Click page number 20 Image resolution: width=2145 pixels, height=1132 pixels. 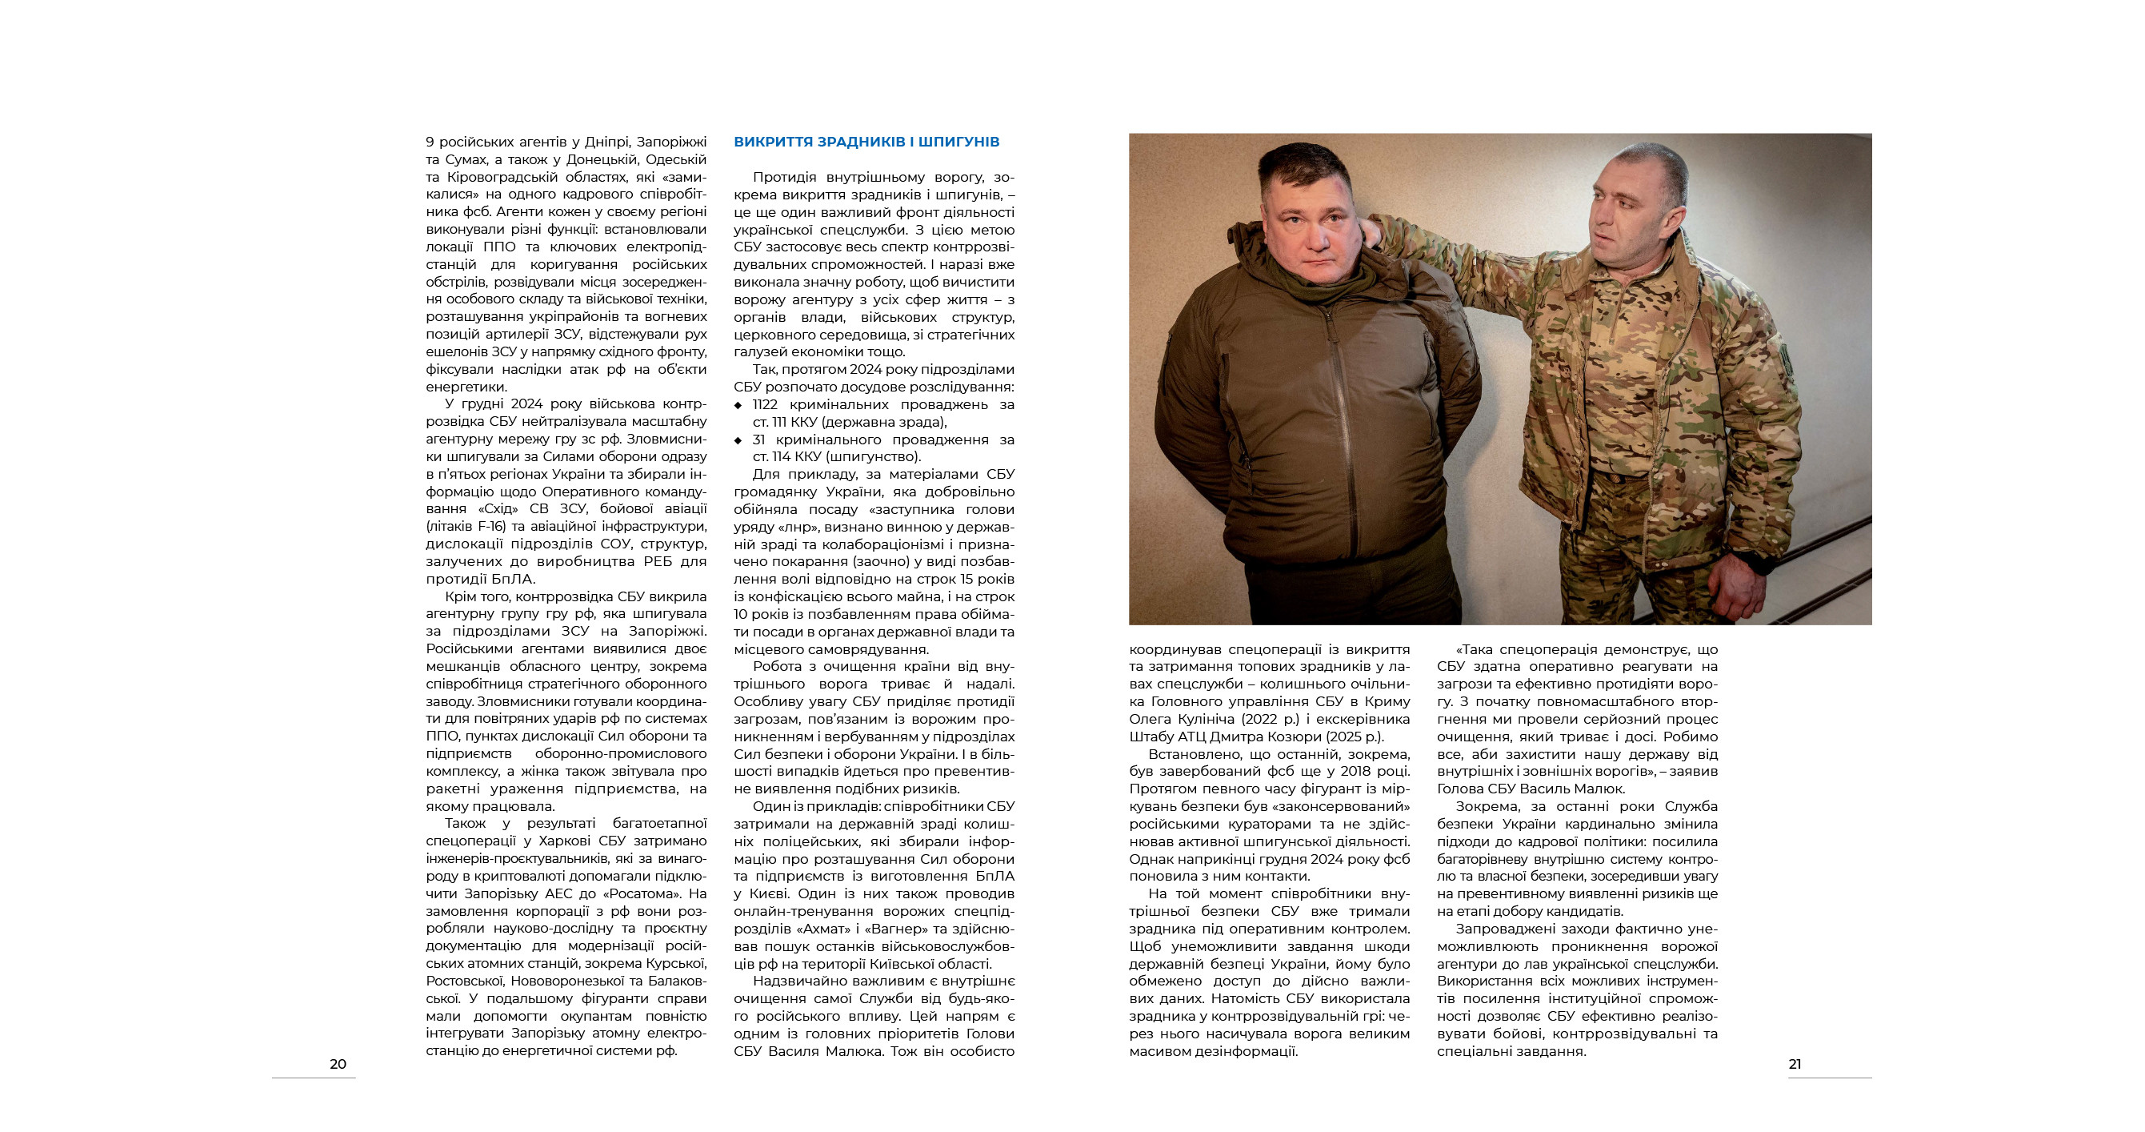click(x=338, y=1064)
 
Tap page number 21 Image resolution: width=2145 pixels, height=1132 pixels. click(x=1795, y=1064)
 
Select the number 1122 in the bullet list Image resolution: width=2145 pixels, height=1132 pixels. click(x=764, y=405)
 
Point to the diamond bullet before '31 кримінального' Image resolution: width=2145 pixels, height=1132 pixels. click(x=738, y=440)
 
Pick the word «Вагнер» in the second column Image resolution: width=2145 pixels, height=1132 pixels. click(x=903, y=929)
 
